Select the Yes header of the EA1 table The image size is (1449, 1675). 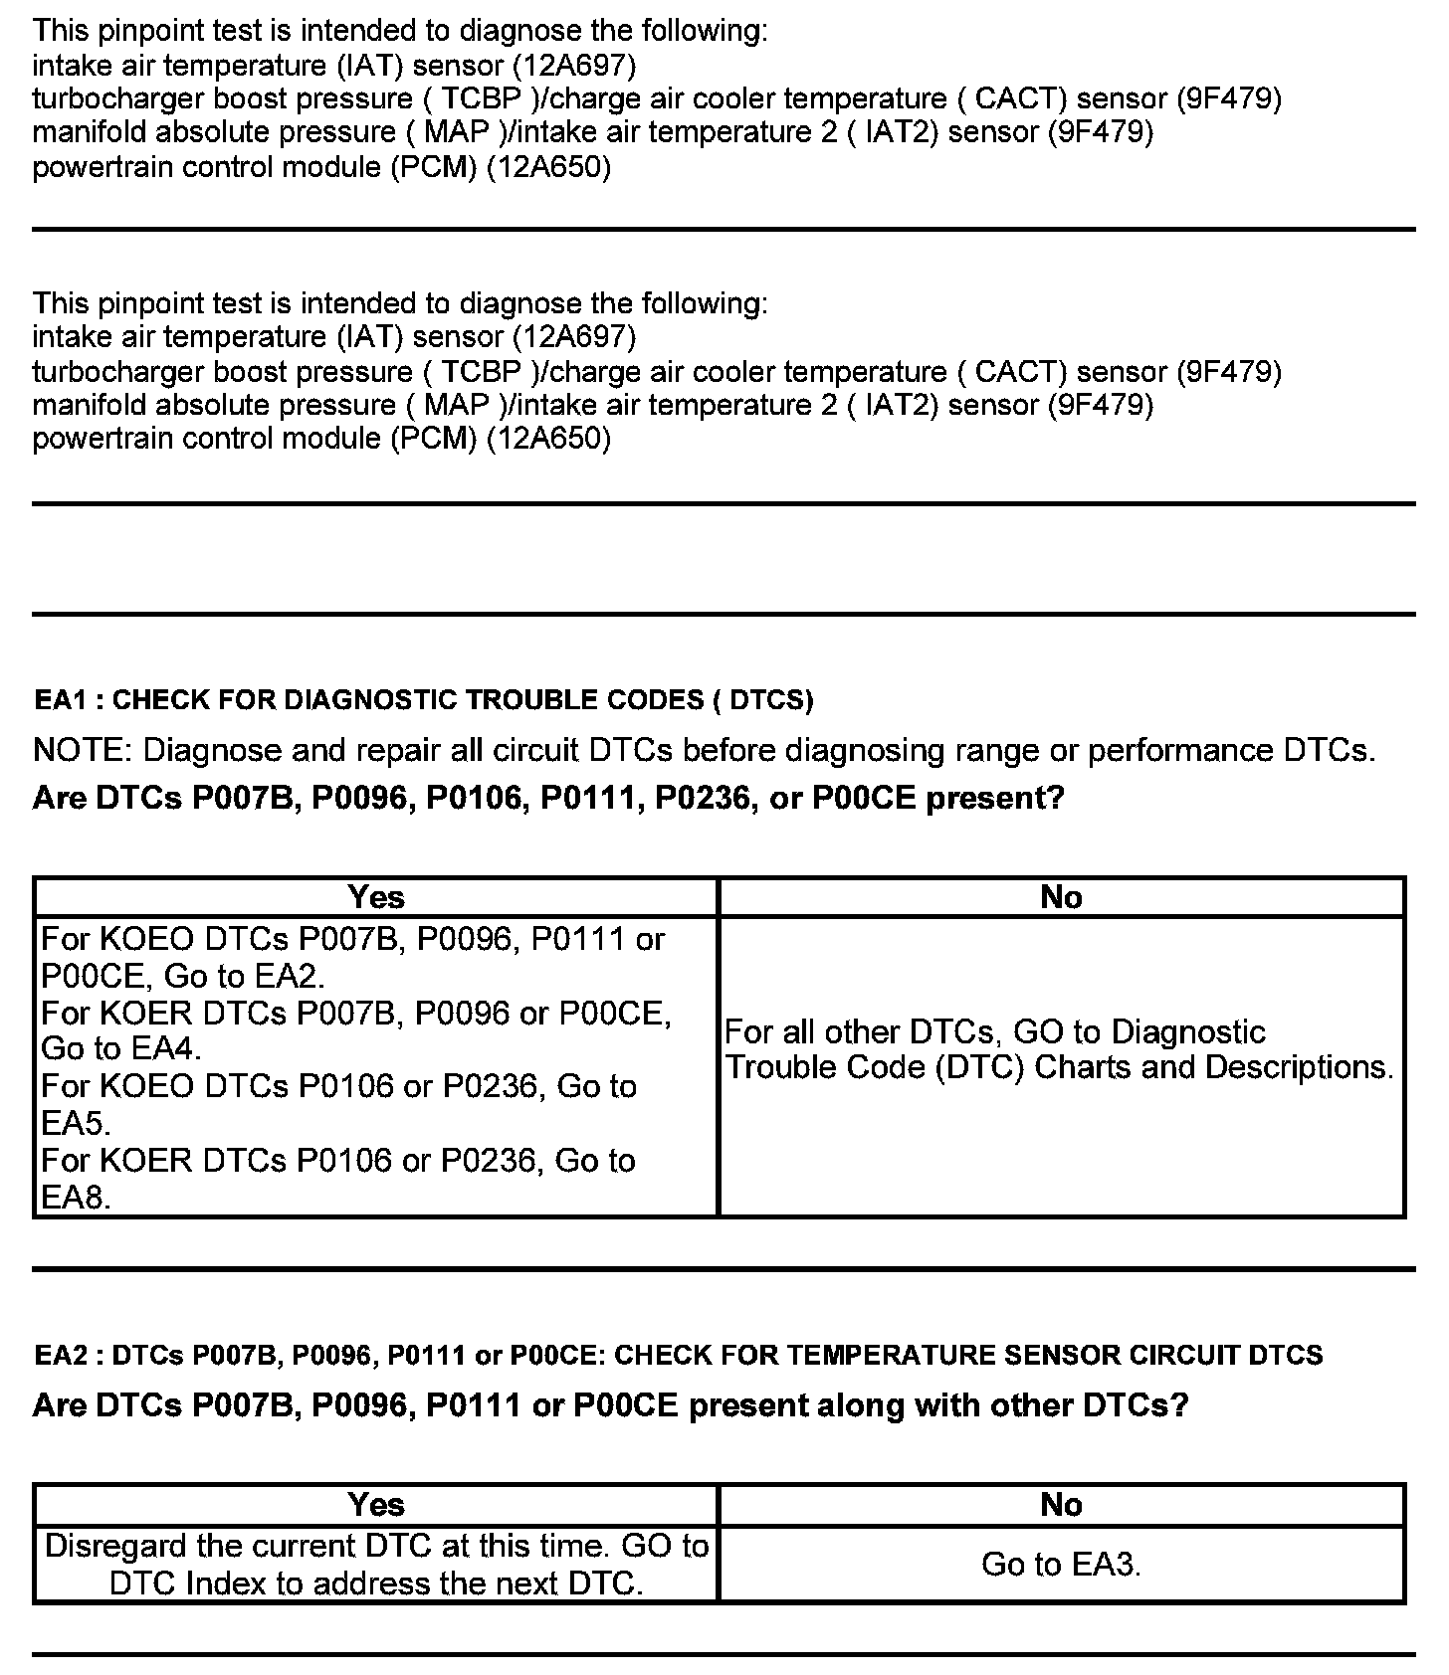click(x=376, y=897)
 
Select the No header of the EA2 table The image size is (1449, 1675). click(x=1061, y=1505)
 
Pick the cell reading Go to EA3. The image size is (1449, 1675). click(x=1061, y=1564)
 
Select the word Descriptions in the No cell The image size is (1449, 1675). click(x=1299, y=1067)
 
